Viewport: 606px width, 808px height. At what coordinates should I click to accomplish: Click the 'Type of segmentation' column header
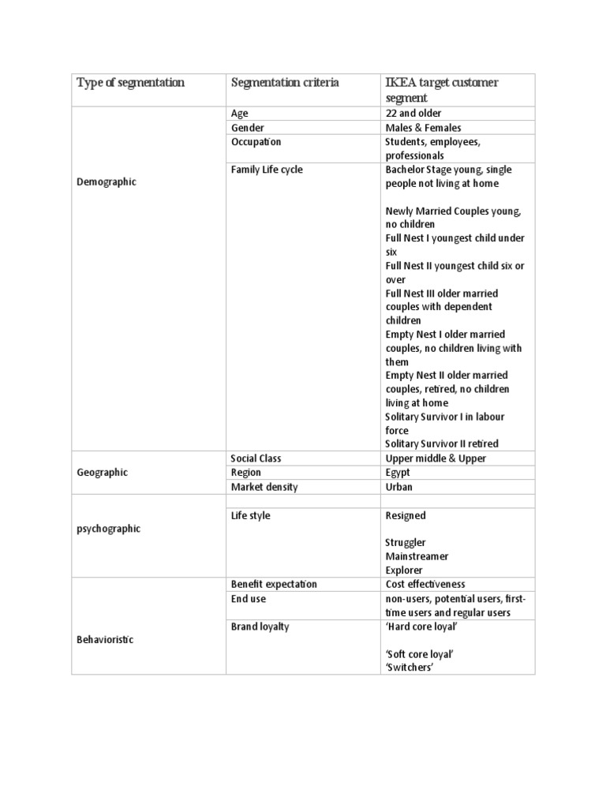[130, 83]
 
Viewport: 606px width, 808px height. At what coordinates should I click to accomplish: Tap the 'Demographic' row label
[107, 182]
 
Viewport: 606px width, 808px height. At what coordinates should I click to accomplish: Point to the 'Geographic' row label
[103, 473]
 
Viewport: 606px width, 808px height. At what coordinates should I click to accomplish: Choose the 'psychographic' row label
[108, 529]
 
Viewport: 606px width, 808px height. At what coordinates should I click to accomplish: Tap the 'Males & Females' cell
[423, 128]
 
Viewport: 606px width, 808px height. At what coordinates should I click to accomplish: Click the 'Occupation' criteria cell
[256, 142]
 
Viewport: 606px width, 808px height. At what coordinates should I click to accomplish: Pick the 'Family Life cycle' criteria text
[266, 170]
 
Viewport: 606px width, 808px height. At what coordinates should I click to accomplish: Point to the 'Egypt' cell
[398, 473]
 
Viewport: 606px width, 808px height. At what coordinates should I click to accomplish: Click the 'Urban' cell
[399, 487]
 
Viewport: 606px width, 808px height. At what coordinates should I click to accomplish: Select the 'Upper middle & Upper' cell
[436, 458]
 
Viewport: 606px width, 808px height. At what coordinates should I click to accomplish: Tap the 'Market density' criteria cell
[264, 487]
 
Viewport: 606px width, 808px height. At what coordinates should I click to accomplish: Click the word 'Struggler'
[406, 543]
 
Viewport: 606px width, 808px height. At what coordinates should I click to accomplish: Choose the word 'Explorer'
[404, 570]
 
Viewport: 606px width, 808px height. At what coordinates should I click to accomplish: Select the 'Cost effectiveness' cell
[425, 585]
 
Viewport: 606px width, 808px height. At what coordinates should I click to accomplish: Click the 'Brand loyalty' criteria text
[260, 627]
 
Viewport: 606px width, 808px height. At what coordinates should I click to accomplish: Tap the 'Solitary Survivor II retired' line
[442, 444]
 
